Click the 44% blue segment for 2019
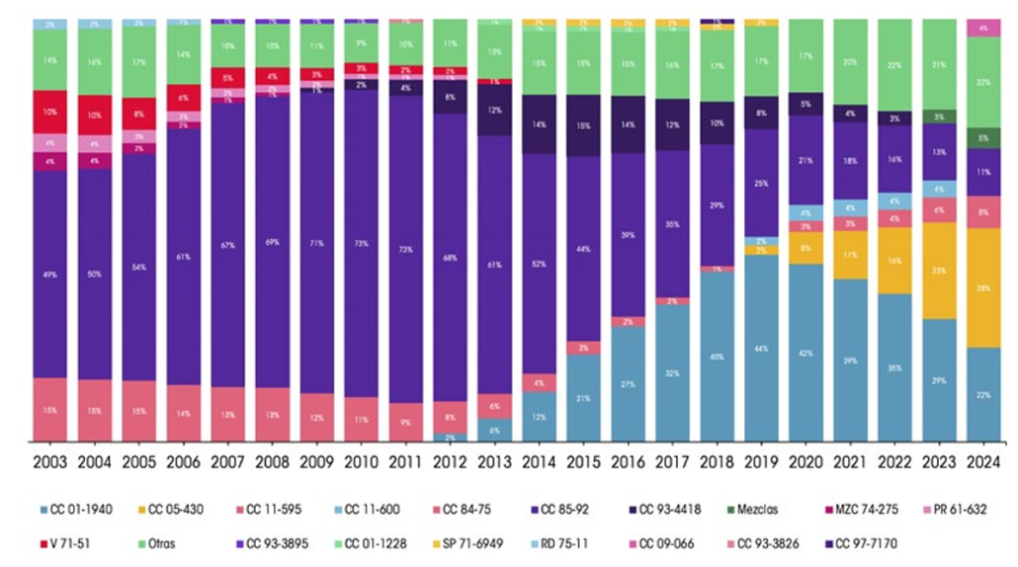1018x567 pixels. click(761, 348)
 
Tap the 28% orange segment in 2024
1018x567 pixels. click(983, 287)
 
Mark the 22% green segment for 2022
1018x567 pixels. click(894, 64)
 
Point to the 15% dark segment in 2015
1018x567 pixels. click(583, 125)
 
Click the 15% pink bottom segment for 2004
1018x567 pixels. click(94, 409)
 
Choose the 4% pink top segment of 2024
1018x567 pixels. click(983, 27)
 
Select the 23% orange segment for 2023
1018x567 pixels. click(939, 271)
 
